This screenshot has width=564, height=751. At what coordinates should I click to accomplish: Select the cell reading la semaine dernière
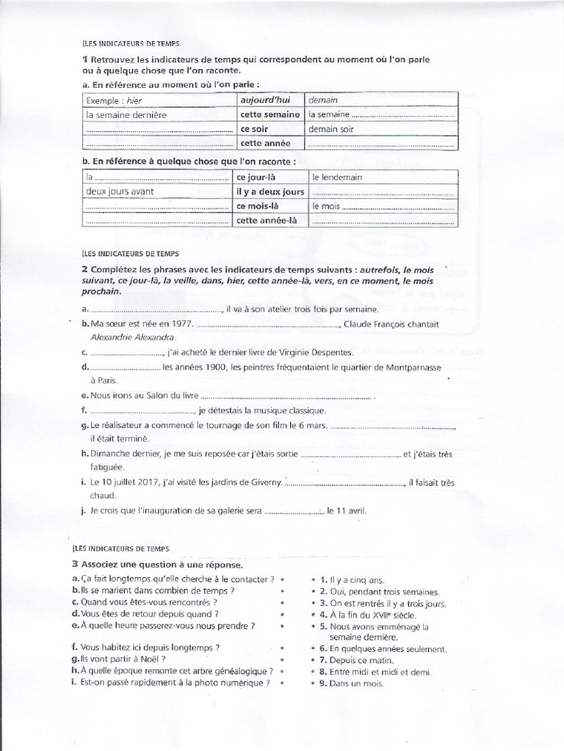point(127,114)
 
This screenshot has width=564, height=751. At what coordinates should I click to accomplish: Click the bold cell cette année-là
point(266,220)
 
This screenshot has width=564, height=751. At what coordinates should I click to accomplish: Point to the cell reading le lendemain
point(337,177)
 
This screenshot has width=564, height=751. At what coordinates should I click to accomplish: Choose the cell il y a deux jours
point(270,191)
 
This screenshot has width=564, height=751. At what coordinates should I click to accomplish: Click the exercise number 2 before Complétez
point(86,271)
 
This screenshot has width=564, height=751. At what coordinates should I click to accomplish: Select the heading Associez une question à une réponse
point(167,565)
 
